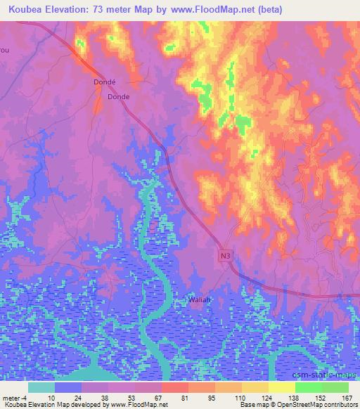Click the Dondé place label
105,82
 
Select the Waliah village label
200,300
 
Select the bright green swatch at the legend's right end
335,387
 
